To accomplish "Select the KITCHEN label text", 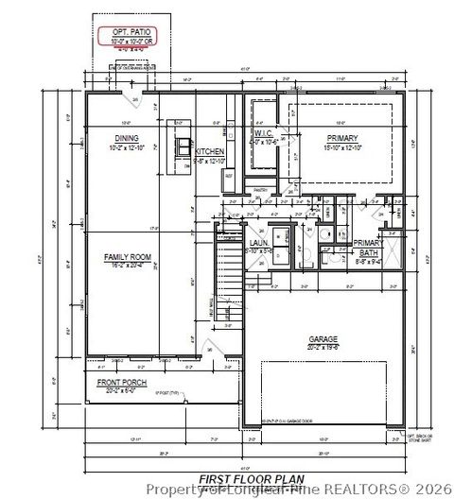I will (x=209, y=152).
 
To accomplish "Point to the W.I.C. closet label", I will (x=264, y=134).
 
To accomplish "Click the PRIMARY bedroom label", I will (x=343, y=138).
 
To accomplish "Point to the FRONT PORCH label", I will (x=120, y=381).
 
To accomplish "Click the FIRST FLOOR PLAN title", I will (x=237, y=479).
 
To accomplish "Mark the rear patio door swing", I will (x=136, y=98).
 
